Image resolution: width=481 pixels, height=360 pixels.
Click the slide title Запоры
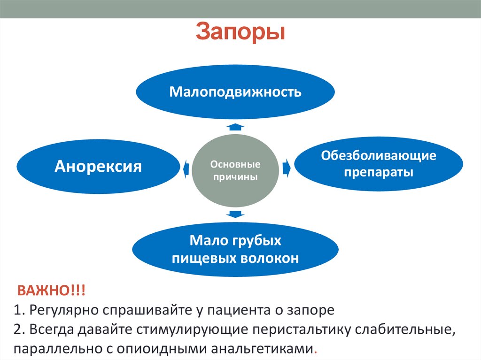240,32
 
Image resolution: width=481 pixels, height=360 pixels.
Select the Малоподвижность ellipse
235,91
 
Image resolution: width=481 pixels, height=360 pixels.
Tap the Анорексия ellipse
98,166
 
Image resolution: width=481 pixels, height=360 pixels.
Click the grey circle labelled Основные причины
235,171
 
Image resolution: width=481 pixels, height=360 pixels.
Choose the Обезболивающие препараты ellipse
379,164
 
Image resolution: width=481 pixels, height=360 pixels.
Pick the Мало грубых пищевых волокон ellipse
235,249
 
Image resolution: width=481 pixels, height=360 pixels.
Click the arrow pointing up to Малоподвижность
235,126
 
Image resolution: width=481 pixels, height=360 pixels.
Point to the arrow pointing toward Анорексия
186,167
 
